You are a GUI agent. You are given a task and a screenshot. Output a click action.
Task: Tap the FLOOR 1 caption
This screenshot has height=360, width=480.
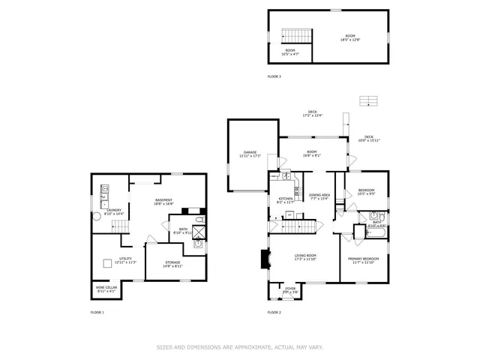[97, 311]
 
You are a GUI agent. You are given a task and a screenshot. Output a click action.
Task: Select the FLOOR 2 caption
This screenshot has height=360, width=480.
[274, 311]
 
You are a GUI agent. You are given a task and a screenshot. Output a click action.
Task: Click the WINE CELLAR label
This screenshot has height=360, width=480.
[105, 289]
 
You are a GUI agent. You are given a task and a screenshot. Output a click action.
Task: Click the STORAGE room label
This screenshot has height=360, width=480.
[172, 263]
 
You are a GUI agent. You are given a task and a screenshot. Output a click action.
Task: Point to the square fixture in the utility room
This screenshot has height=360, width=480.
[107, 263]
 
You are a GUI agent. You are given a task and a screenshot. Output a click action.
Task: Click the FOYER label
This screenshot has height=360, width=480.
[289, 289]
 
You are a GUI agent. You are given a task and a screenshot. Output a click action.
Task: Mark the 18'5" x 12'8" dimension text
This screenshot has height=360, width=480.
[349, 40]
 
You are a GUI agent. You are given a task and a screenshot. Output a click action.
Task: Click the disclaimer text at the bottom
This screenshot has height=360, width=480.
[239, 347]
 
